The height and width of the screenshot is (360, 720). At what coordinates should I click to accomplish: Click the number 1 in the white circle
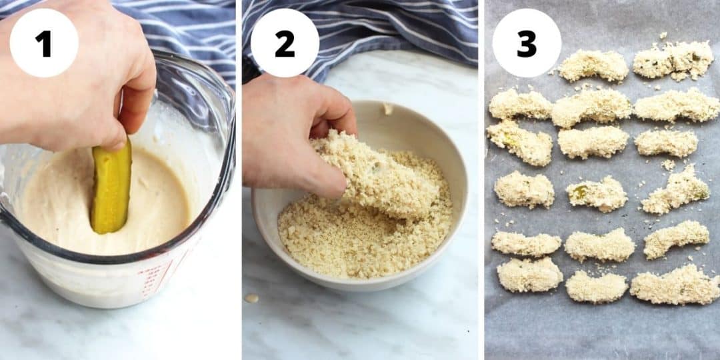43,43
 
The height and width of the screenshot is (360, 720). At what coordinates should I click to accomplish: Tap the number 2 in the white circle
285,43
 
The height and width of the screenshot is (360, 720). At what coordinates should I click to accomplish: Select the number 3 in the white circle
526,43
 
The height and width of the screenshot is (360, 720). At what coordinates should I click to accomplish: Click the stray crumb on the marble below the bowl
251,298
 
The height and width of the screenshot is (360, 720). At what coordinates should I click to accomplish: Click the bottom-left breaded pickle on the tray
529,275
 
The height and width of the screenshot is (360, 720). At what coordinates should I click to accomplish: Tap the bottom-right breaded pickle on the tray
675,285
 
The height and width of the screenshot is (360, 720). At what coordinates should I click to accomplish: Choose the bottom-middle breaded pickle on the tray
597,287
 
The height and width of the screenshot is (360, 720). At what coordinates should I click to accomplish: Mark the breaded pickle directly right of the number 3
593,66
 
